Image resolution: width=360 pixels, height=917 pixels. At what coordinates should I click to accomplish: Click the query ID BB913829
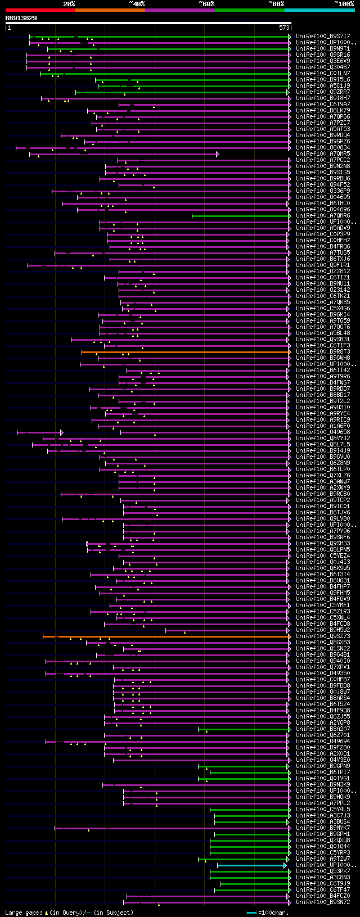pyautogui.click(x=21, y=18)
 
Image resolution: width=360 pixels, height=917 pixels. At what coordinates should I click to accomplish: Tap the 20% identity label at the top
pyautogui.click(x=69, y=4)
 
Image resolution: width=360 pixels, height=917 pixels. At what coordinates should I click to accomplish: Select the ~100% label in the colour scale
pyautogui.click(x=344, y=4)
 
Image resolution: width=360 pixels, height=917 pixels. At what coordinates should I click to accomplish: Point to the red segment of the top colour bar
pyautogui.click(x=40, y=10)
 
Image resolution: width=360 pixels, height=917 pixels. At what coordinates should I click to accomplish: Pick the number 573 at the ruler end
pyautogui.click(x=284, y=27)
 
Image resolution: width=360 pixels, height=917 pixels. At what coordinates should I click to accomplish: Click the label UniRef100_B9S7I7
pyautogui.click(x=323, y=37)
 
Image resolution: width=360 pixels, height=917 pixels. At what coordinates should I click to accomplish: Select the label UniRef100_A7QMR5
pyautogui.click(x=323, y=154)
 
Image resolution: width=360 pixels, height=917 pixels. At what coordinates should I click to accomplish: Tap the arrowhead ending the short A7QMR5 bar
pyautogui.click(x=217, y=154)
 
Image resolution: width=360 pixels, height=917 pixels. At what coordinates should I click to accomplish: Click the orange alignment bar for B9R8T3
pyautogui.click(x=186, y=352)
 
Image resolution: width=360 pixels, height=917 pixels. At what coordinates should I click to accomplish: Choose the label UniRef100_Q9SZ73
pyautogui.click(x=323, y=636)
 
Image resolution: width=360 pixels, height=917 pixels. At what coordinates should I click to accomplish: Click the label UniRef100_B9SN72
pyautogui.click(x=323, y=902)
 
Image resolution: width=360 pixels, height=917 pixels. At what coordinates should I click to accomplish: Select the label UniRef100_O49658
pyautogui.click(x=323, y=432)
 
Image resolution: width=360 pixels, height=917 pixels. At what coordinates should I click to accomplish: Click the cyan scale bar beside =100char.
pyautogui.click(x=251, y=913)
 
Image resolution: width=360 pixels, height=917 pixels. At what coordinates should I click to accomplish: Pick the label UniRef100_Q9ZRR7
pyautogui.click(x=323, y=92)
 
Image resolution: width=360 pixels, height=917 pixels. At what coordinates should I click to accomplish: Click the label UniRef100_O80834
pyautogui.click(x=323, y=148)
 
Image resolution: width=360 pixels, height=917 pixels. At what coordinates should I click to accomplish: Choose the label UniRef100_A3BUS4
pyautogui.click(x=323, y=822)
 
